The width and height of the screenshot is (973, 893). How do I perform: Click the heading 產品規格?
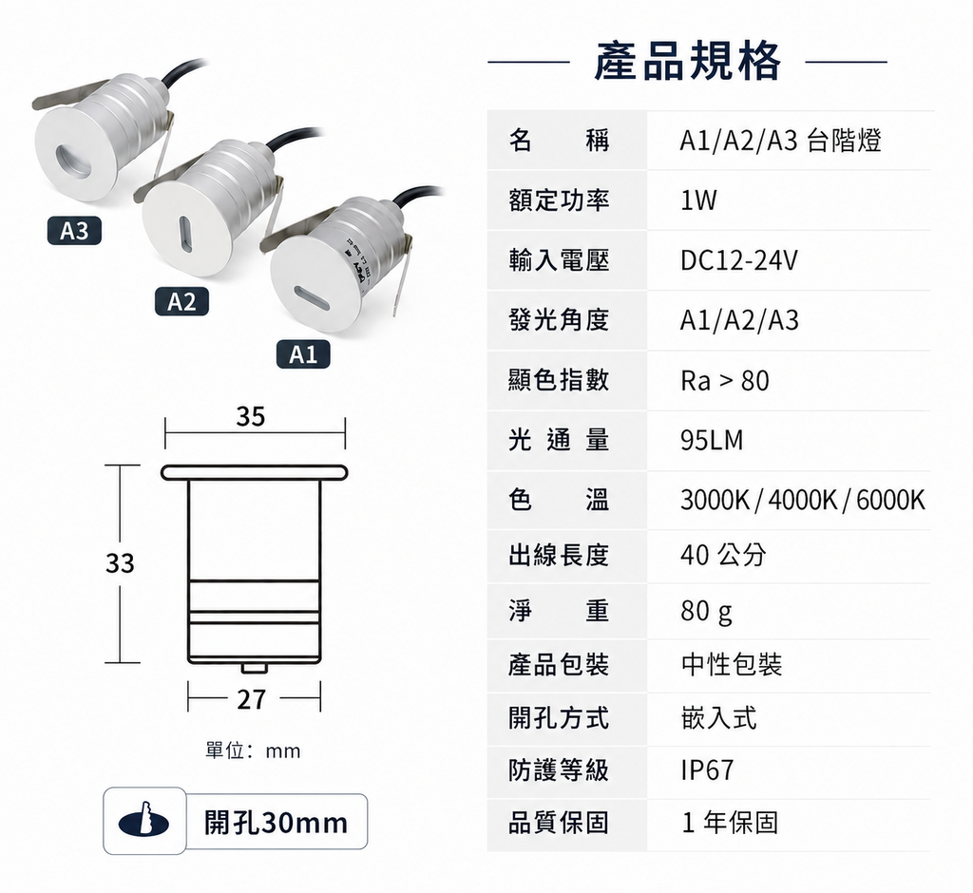(x=687, y=61)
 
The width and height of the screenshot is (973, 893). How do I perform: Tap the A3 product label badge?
(x=74, y=231)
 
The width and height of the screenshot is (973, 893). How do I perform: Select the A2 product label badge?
(x=181, y=301)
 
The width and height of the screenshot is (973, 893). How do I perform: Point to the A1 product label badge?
(x=303, y=354)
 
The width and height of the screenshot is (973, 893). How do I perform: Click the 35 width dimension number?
(x=251, y=416)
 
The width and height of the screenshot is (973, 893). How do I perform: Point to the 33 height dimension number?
(x=120, y=563)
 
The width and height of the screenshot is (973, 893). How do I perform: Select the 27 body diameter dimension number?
(x=251, y=699)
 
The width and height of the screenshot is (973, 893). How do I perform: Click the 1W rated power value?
(x=698, y=199)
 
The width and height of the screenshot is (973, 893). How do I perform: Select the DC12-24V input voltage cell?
(x=739, y=260)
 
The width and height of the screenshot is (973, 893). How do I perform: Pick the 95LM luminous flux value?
(x=711, y=440)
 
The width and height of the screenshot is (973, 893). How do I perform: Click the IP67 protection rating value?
(x=707, y=770)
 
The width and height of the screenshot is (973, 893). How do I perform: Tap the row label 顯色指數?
(x=559, y=380)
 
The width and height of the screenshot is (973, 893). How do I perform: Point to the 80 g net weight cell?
(x=706, y=611)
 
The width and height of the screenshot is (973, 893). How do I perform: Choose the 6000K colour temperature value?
(x=890, y=500)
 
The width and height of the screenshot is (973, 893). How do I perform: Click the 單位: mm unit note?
(x=253, y=750)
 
